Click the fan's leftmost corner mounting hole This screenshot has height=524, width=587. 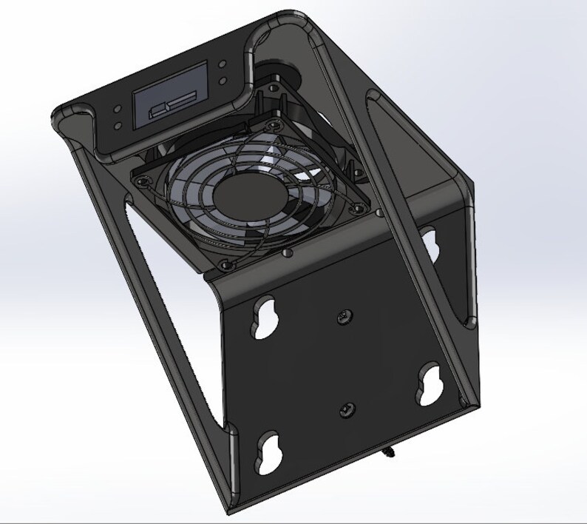[140, 176]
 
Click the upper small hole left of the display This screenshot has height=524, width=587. [118, 108]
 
